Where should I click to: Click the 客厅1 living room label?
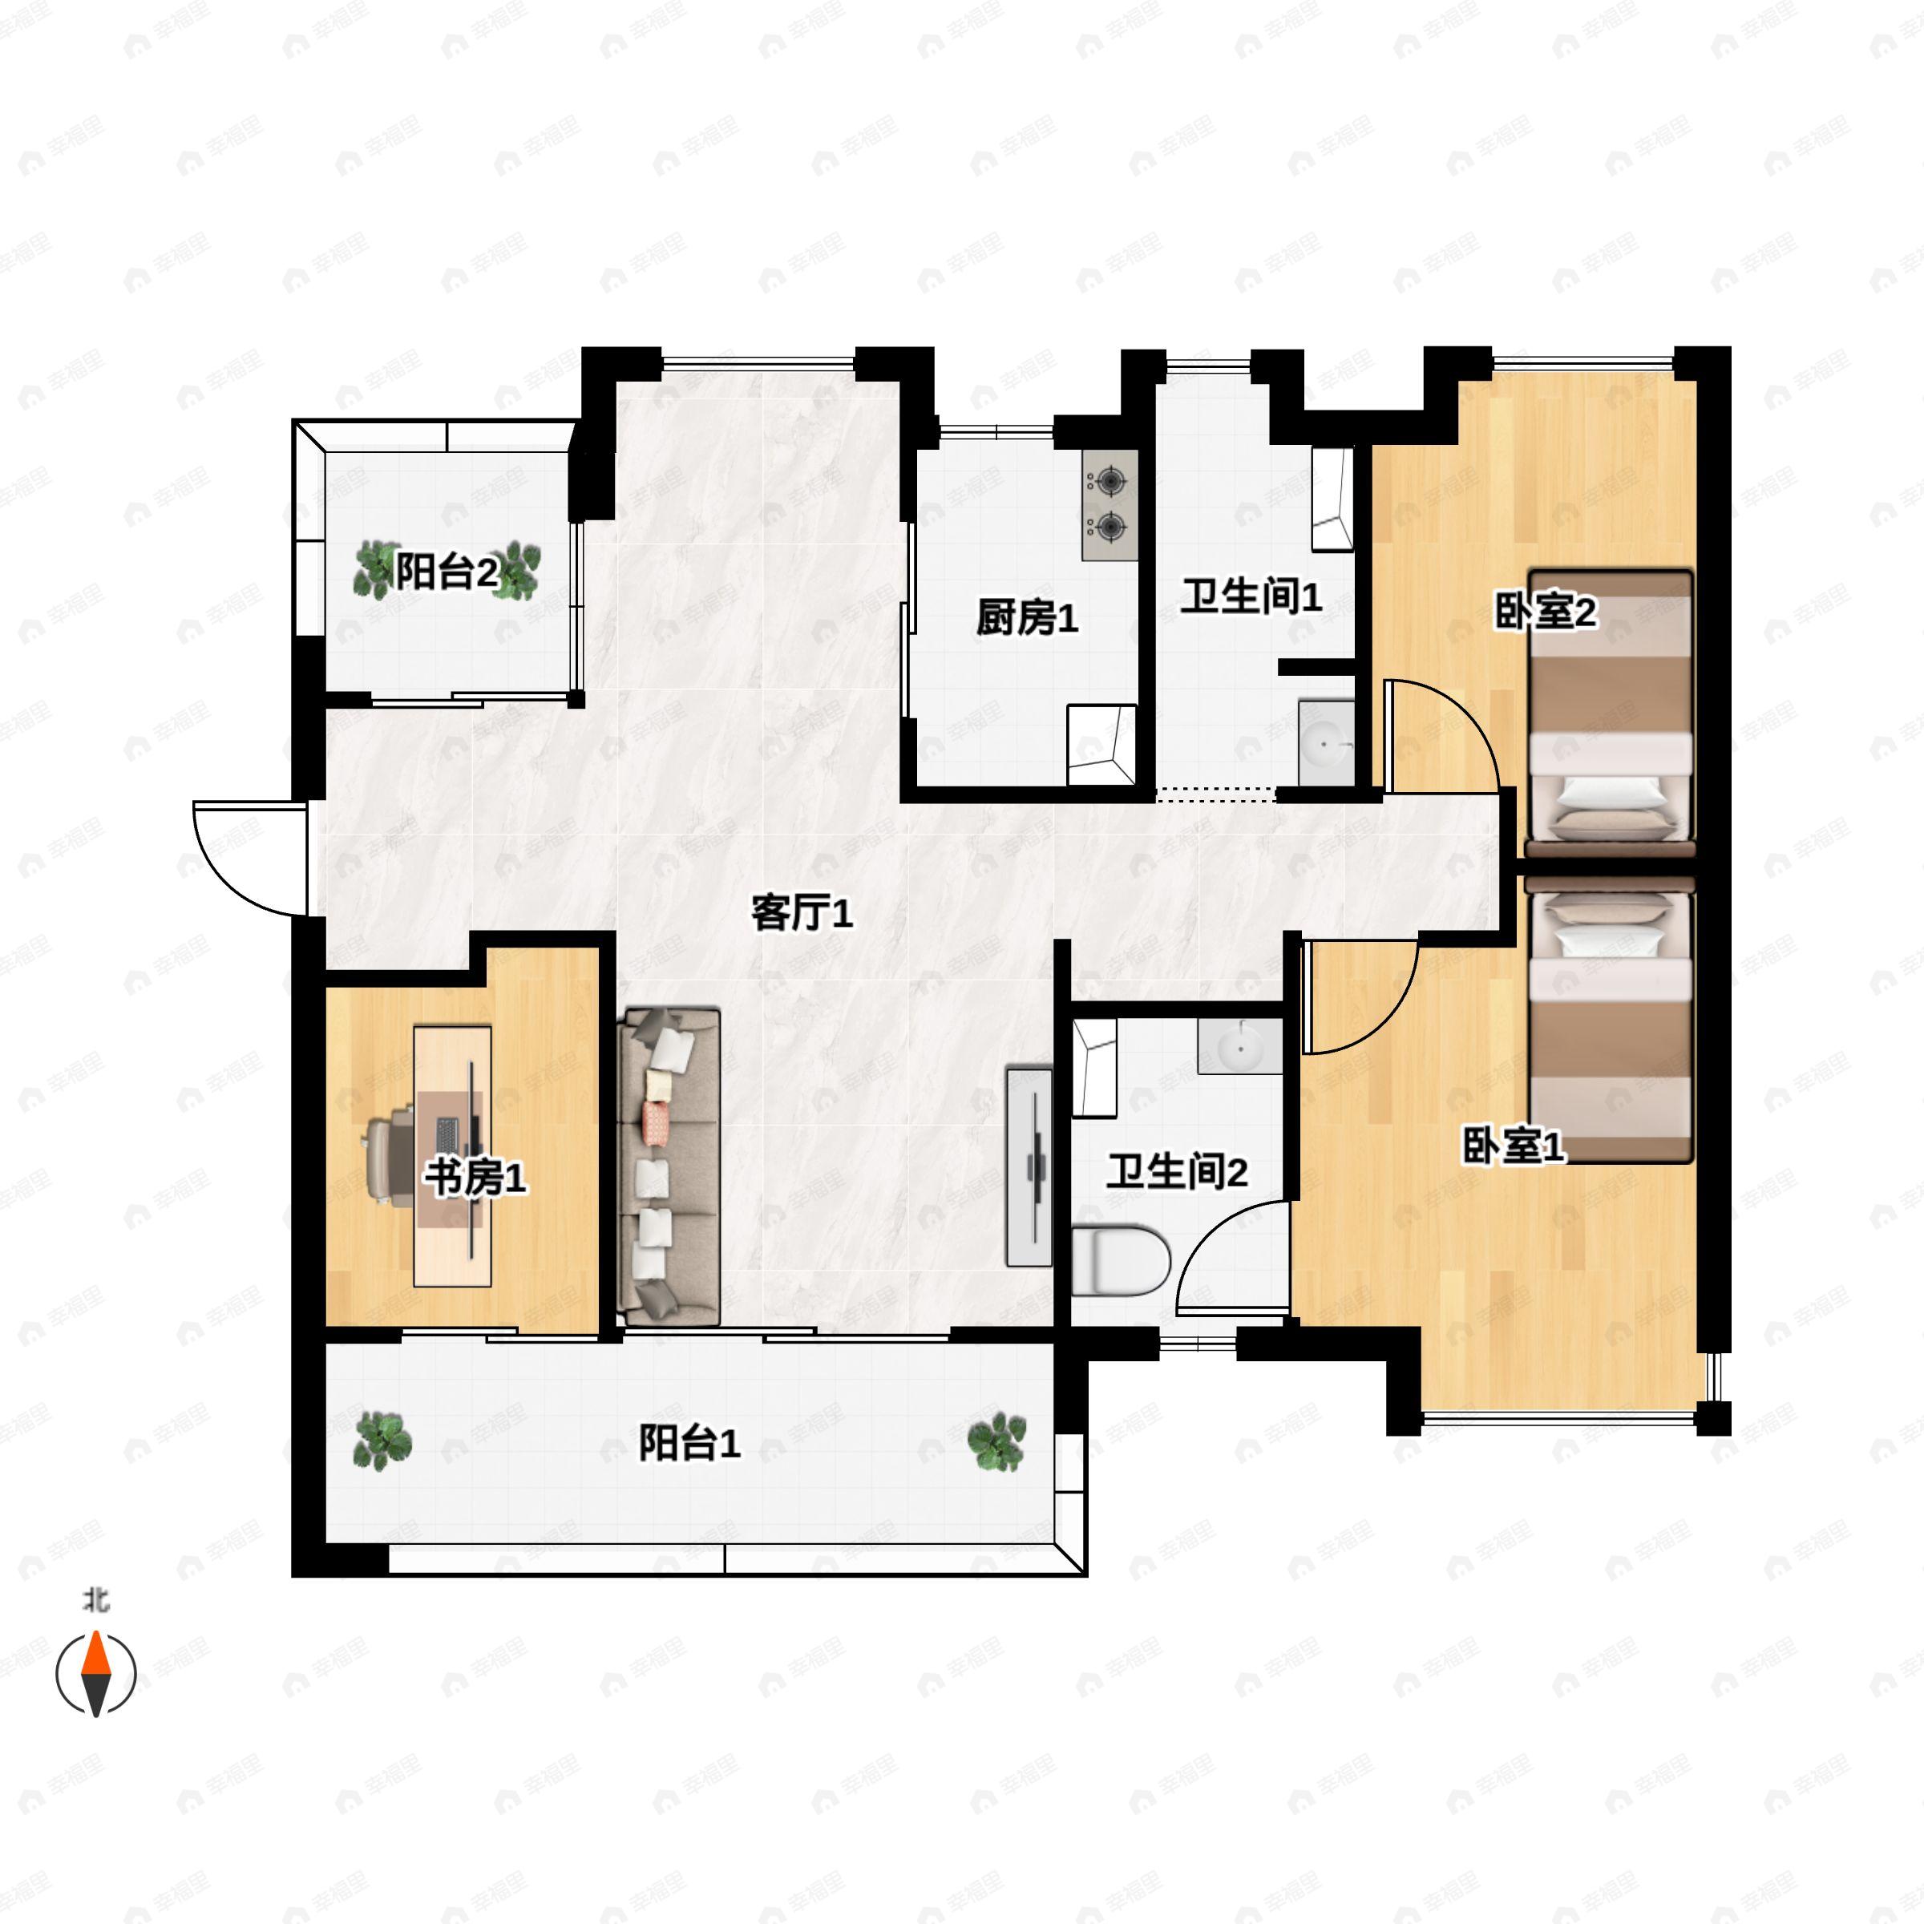point(802,913)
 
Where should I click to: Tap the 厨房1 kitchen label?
point(1027,618)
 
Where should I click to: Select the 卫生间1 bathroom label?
point(1251,596)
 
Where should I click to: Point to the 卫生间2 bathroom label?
point(1177,1172)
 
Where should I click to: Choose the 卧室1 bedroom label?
point(1514,1146)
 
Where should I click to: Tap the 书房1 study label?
point(475,1178)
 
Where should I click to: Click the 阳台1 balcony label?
point(689,1443)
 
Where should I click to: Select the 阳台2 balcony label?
point(447,572)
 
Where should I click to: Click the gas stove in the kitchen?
point(1110,505)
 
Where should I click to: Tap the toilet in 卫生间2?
point(1121,1263)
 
